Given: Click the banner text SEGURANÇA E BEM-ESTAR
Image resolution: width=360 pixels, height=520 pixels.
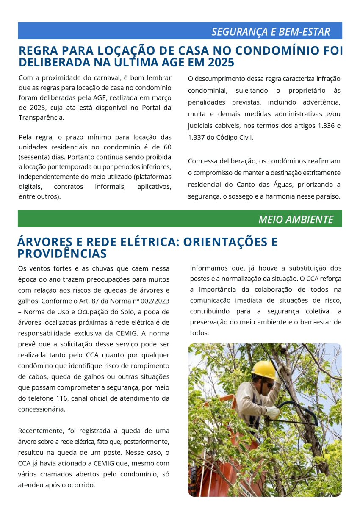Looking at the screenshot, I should point(270,32).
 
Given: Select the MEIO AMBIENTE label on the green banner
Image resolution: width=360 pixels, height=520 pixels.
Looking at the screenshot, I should point(296,219).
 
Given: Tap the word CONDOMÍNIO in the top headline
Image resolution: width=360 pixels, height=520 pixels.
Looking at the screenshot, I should point(274,51).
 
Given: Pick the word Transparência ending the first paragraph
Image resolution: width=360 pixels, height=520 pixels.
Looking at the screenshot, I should point(41,117).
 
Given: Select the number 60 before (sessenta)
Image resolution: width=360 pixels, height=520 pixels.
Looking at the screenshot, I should point(167,147).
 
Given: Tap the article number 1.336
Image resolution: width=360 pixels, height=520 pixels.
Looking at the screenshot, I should point(324,126).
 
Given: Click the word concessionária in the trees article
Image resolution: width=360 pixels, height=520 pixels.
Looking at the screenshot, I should point(42,409).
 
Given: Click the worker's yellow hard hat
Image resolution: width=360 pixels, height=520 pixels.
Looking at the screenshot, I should point(263,368).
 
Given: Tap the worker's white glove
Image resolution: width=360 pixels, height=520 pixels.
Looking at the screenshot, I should point(271,411).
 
